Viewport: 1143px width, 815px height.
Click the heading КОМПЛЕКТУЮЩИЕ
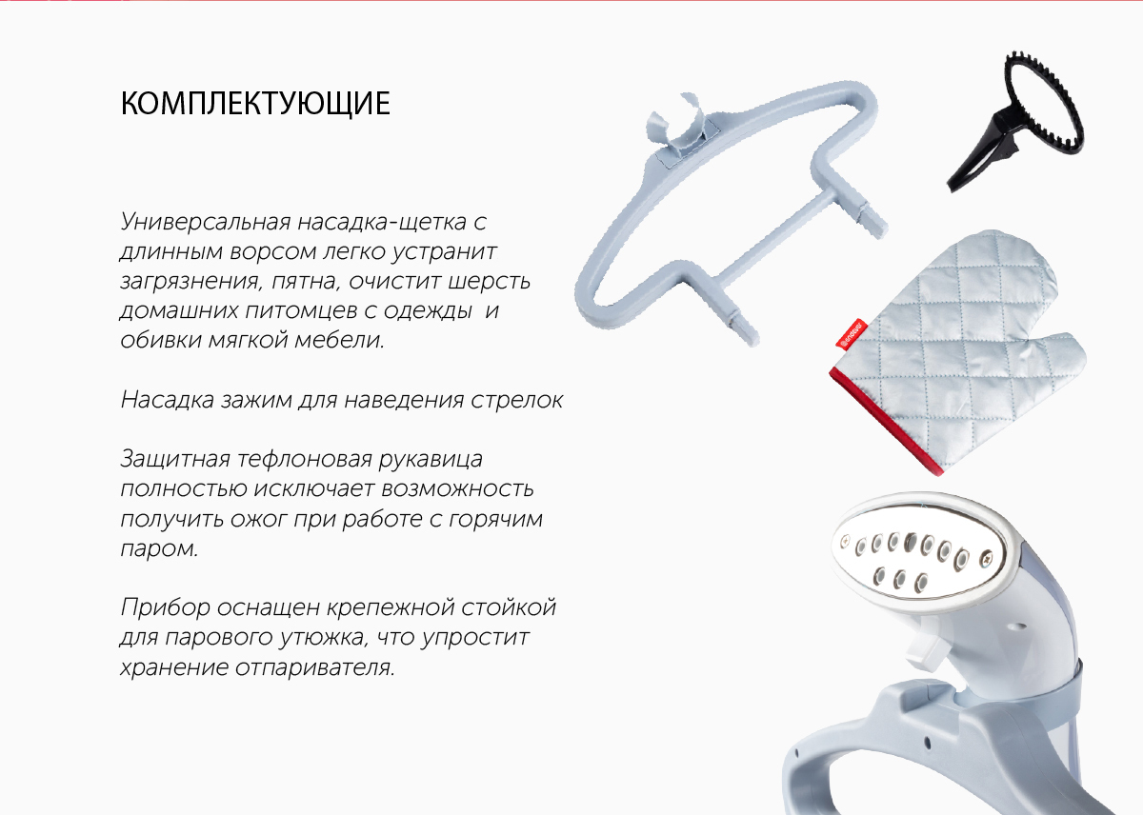255,104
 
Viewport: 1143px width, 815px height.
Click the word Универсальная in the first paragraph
205,222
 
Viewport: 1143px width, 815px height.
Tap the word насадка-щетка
382,223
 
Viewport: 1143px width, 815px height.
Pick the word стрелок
516,401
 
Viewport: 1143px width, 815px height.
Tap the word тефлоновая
304,460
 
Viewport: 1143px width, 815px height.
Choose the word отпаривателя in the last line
315,667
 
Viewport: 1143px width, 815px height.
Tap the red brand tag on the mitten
852,334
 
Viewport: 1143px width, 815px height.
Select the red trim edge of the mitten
885,421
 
